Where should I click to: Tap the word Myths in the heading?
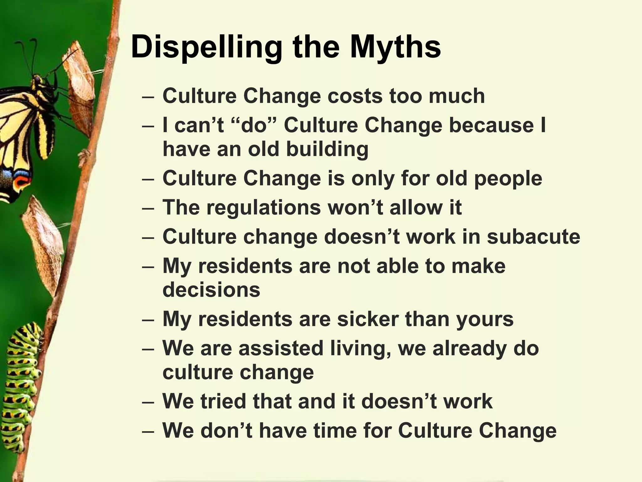click(x=395, y=48)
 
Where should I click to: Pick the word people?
click(x=508, y=178)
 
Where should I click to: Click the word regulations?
click(x=263, y=207)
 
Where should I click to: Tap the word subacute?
click(x=533, y=237)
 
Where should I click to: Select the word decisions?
click(x=211, y=289)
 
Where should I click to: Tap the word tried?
click(x=223, y=401)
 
